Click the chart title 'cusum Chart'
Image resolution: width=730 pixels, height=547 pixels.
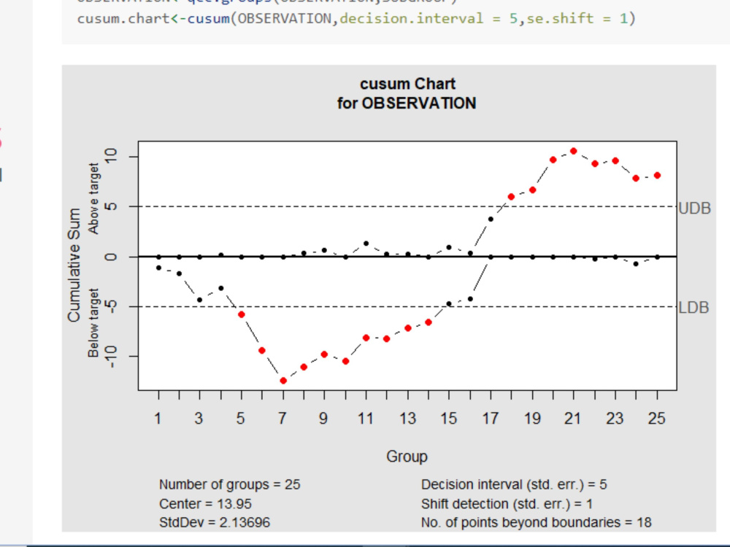pos(407,84)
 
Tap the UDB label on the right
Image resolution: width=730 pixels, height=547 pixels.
pos(694,208)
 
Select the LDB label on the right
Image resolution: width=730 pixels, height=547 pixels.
pos(693,307)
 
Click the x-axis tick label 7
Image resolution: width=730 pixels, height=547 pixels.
pos(283,419)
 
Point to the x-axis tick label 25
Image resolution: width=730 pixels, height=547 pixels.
pos(657,419)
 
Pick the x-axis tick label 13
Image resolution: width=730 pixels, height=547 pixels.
pos(407,419)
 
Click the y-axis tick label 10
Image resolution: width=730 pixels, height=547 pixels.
pos(110,157)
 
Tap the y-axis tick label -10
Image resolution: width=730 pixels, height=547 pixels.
pos(110,357)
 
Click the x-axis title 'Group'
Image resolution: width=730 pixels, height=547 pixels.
pos(407,457)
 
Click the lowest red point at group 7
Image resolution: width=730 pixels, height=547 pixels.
pos(283,381)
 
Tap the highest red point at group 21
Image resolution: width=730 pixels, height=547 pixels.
pos(574,151)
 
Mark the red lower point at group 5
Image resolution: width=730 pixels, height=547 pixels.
pos(242,314)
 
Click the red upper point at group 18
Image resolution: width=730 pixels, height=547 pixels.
pos(511,197)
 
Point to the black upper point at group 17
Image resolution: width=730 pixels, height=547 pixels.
pos(491,219)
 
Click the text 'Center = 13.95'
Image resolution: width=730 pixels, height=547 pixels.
pos(206,503)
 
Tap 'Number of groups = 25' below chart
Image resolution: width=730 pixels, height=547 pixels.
pos(229,484)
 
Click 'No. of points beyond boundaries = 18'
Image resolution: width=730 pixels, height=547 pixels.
pos(536,522)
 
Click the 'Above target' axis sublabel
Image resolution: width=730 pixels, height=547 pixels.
pos(94,208)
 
